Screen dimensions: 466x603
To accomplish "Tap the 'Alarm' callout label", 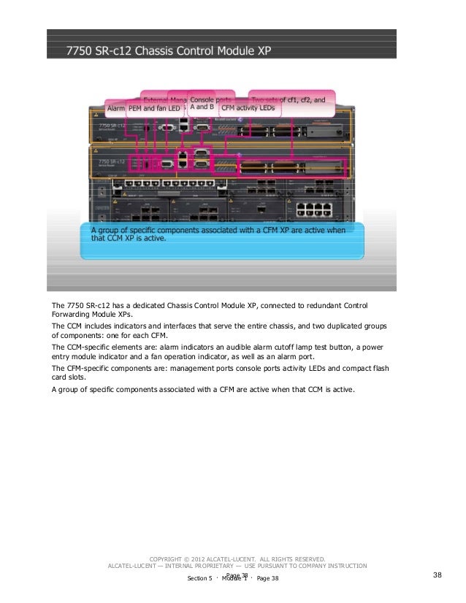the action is click(115, 109).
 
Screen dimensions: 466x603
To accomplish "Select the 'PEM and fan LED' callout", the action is click(155, 109).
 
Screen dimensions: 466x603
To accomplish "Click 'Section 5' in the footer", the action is click(200, 578).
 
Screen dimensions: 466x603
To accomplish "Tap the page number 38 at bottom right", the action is click(438, 575).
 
